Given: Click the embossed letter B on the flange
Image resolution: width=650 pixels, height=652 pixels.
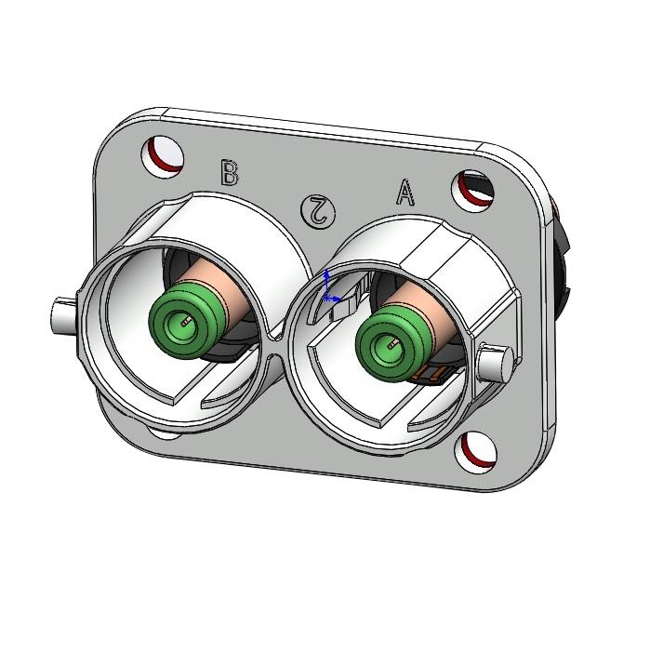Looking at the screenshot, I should (230, 173).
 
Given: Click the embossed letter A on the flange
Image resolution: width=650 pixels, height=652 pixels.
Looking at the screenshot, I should (405, 193).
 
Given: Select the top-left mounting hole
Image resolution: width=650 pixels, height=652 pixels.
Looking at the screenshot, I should (163, 154).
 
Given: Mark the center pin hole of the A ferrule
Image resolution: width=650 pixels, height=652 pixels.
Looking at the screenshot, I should (392, 346).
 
